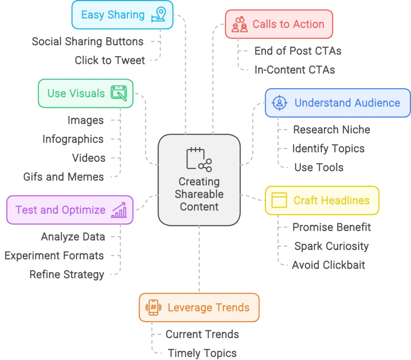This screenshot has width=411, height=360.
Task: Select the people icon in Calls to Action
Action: [239, 24]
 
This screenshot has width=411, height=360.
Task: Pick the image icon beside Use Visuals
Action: [119, 93]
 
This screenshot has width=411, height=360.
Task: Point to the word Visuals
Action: [86, 93]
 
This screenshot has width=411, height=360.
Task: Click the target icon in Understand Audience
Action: [279, 103]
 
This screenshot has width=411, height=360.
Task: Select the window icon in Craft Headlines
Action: [279, 200]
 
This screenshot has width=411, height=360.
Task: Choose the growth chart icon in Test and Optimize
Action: [119, 210]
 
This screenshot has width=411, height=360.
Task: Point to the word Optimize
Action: [85, 210]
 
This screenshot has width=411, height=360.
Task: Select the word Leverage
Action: [188, 307]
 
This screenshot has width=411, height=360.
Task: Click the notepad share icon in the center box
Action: [199, 160]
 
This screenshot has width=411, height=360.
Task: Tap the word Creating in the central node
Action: [199, 182]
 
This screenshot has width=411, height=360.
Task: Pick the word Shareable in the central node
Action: [199, 194]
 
